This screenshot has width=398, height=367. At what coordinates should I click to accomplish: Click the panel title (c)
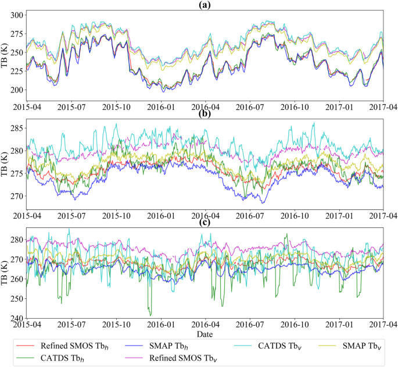pos(205,222)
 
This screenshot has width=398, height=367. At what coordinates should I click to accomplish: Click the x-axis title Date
pos(205,334)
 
